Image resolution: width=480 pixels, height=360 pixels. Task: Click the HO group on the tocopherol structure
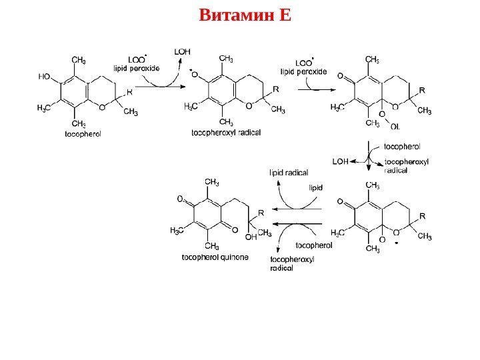pos(45,76)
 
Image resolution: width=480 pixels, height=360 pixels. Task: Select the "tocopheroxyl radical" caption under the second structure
pos(226,133)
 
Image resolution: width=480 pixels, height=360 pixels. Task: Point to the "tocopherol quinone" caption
pos(215,257)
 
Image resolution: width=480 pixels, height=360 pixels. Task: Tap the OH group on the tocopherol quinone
pos(251,236)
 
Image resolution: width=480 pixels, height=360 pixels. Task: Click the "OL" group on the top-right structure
pos(395,126)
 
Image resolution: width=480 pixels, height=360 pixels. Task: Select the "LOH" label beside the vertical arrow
pos(340,161)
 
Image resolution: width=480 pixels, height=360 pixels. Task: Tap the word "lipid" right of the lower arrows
pos(315,187)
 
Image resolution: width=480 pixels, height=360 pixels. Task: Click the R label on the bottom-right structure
pos(421,216)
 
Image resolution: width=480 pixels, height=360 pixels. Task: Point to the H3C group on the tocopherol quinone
pos(178,231)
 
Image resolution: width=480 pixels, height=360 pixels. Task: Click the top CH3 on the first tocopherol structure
pos(78,61)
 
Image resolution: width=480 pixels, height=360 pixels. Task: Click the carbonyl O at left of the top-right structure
pos(341,76)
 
